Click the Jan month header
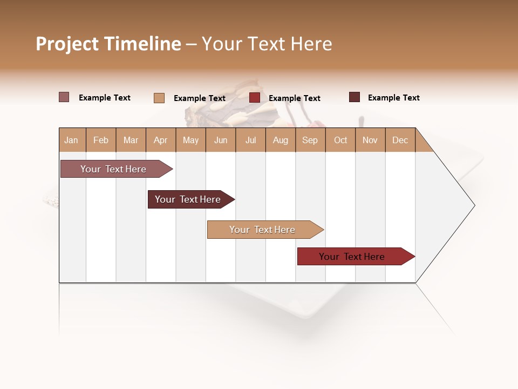(x=71, y=140)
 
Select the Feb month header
(x=101, y=140)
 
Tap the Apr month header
(x=161, y=140)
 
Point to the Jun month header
(x=221, y=140)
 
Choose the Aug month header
(x=281, y=140)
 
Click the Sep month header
(x=310, y=140)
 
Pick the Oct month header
(x=340, y=140)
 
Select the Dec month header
(x=400, y=140)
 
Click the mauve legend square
(x=64, y=97)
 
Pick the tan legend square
(x=159, y=98)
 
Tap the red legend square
(x=255, y=98)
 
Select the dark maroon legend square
(x=355, y=97)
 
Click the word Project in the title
(x=67, y=44)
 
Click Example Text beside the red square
(x=295, y=98)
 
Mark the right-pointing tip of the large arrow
(x=474, y=205)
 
